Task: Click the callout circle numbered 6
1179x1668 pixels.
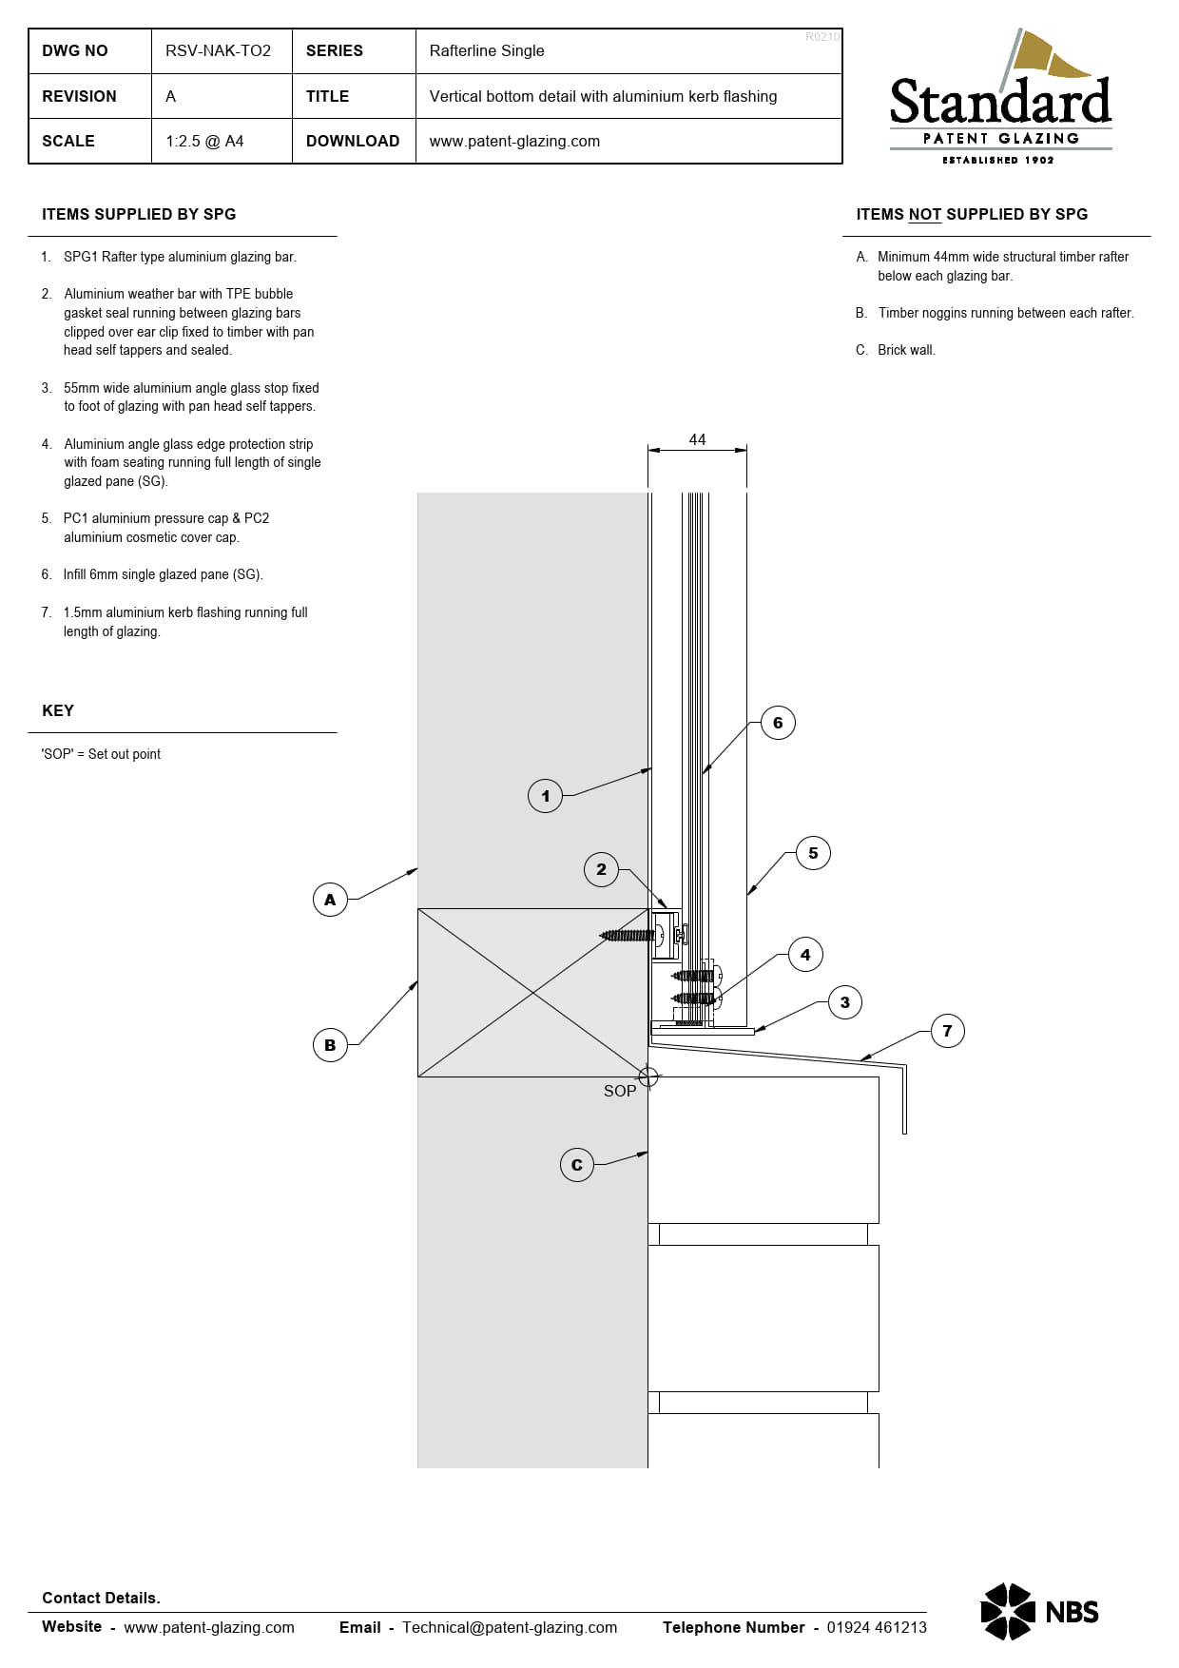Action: point(778,723)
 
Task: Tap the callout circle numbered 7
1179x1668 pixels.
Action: point(947,1031)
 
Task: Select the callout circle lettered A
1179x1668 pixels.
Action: point(330,900)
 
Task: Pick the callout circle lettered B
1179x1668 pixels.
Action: point(330,1045)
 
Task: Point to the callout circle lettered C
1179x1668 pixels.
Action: point(577,1165)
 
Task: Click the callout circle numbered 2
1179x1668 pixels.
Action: point(601,869)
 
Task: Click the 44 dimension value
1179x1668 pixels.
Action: point(697,439)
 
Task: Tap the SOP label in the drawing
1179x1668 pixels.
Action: point(620,1091)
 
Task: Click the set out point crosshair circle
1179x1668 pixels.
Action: point(648,1077)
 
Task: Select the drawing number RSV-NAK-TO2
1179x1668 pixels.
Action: point(218,51)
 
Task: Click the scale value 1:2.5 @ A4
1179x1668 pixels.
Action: point(204,141)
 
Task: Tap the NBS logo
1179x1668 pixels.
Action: point(1039,1612)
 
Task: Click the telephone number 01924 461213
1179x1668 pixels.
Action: point(877,1627)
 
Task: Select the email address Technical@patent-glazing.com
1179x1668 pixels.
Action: point(510,1627)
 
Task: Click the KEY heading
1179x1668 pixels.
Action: point(58,710)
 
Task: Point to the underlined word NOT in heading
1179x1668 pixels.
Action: point(924,215)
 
